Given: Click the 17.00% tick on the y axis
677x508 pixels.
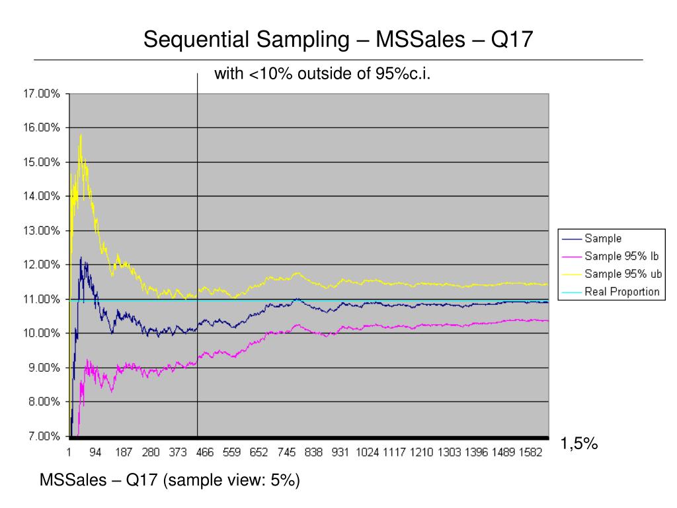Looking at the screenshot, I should (42, 94).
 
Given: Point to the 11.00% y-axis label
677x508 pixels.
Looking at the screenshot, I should (42, 299).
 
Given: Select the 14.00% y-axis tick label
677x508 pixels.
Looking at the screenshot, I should (42, 196).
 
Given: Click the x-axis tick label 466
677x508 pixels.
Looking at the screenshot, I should (206, 452).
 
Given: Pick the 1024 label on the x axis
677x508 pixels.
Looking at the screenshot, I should (368, 452).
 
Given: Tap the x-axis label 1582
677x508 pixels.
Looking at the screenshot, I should (532, 452).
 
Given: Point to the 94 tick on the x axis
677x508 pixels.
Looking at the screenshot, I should (96, 452).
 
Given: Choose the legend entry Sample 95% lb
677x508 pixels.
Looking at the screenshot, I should (621, 257).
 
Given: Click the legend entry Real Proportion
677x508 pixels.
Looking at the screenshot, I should (621, 292).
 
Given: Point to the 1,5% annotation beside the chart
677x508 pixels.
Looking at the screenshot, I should (579, 444).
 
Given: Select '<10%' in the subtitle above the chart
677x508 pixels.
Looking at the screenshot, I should (271, 74).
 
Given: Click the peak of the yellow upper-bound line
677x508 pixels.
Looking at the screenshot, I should (81, 135).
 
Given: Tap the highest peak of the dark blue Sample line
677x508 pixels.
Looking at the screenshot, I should (81, 257).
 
